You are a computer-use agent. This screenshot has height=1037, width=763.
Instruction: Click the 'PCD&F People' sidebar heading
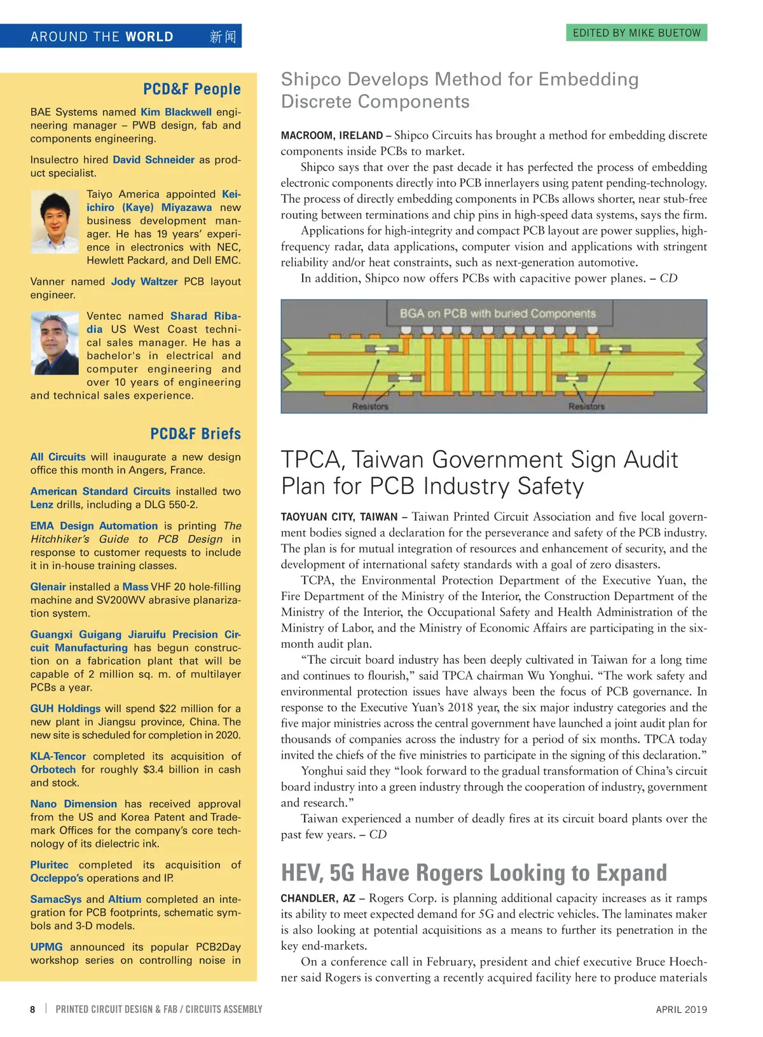[x=191, y=89]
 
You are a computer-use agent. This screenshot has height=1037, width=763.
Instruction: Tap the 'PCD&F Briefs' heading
[x=195, y=434]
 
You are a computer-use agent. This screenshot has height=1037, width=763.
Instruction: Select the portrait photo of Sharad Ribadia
[x=55, y=343]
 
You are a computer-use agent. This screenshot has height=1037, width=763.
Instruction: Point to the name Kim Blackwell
[x=176, y=112]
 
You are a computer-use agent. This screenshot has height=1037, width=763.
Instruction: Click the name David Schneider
[x=153, y=160]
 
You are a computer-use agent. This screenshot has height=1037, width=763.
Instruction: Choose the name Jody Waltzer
[x=144, y=282]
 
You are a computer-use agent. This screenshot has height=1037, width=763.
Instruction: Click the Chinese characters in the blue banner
[x=223, y=36]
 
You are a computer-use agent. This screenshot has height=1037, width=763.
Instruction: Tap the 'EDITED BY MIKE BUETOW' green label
[x=636, y=32]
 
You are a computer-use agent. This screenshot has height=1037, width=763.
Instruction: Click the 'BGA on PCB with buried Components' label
[x=497, y=313]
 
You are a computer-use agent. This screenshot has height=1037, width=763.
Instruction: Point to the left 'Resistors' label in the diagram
[x=369, y=406]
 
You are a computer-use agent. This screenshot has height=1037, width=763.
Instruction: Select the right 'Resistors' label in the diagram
[x=586, y=406]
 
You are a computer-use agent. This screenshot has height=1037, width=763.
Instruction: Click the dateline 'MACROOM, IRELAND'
[x=331, y=135]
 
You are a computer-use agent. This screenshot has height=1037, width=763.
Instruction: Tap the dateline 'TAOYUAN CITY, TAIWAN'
[x=339, y=517]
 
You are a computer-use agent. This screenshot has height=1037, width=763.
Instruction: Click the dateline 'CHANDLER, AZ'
[x=318, y=898]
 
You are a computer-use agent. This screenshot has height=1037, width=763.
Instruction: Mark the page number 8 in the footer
[x=33, y=1009]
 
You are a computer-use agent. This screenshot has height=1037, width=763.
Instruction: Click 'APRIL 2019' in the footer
[x=681, y=1009]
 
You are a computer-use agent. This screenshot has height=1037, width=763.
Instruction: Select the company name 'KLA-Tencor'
[x=58, y=756]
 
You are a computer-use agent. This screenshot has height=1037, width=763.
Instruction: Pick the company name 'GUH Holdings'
[x=65, y=708]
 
